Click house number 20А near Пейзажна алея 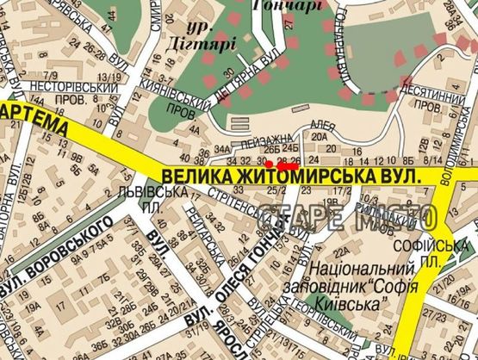point(321,135)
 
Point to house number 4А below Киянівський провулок point(195,132)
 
